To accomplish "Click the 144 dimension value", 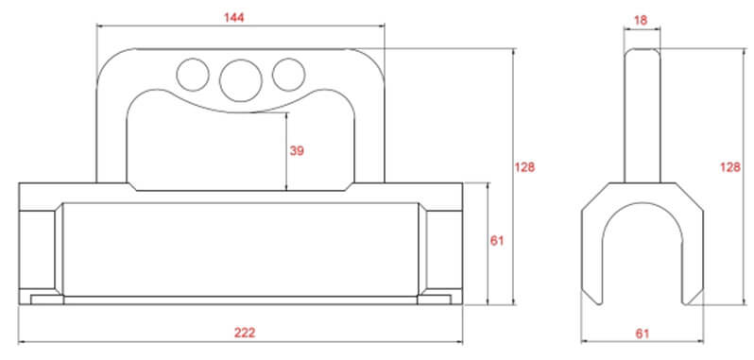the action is click(x=234, y=18).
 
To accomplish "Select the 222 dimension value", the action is click(x=245, y=333).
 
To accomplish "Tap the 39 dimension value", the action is click(x=297, y=151).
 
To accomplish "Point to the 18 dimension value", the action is click(x=641, y=20).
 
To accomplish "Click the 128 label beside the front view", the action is click(x=524, y=167).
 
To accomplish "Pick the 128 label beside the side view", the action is click(x=730, y=167).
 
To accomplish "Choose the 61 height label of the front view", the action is click(x=497, y=241).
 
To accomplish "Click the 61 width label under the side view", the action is click(x=643, y=334).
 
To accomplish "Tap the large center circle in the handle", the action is click(x=240, y=80).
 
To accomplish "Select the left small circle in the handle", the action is click(x=193, y=75).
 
